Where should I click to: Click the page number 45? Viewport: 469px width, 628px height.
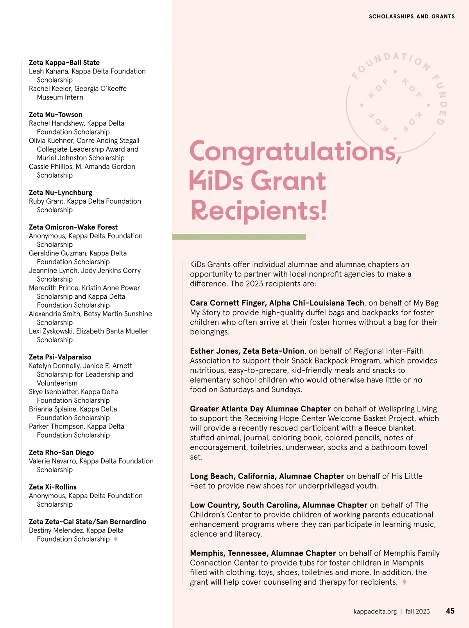450,611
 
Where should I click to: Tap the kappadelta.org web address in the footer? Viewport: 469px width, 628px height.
375,612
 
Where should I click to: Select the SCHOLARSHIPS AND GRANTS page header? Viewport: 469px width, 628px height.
412,16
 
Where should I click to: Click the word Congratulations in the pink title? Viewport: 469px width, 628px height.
295,152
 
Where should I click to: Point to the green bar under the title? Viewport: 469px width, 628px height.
238,237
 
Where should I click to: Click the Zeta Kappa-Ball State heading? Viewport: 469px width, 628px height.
64,63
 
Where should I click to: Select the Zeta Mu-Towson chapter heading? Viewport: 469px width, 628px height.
55,115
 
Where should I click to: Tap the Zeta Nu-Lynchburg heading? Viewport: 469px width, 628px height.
61,192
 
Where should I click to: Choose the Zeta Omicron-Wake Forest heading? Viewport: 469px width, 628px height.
73,227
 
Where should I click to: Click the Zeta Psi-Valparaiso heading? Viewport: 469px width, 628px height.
60,357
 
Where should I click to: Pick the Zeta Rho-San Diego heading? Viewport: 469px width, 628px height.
61,452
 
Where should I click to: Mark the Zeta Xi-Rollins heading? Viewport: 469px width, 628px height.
52,487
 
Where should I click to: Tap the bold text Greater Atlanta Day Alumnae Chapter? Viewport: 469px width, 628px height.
260,409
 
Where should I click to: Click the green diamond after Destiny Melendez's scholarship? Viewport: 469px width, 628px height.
116,539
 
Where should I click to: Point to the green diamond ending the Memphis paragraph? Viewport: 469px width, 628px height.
405,582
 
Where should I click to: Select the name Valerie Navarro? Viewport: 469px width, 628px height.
52,461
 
